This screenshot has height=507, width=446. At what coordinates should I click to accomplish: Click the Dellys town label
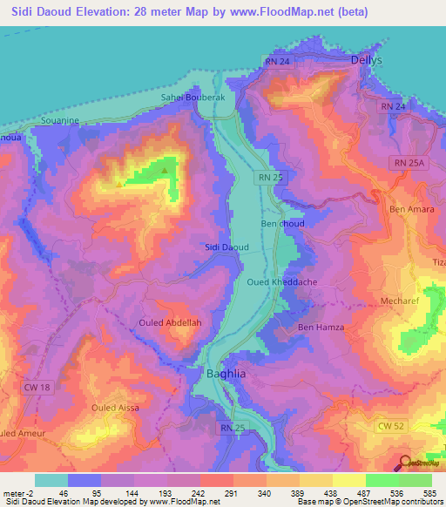point(366,60)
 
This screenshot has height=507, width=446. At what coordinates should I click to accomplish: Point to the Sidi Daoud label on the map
point(226,247)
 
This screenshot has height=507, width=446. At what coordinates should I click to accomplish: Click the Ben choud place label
point(282,224)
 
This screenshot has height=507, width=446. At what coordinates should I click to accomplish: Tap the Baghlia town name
point(229,374)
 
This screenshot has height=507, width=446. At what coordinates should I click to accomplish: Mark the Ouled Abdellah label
point(170,323)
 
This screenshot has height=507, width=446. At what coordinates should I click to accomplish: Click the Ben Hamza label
point(321,328)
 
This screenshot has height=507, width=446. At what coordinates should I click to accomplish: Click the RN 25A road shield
point(406,163)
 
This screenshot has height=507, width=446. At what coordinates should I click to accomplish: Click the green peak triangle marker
point(164,171)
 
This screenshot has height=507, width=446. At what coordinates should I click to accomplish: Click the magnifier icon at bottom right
point(407,463)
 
